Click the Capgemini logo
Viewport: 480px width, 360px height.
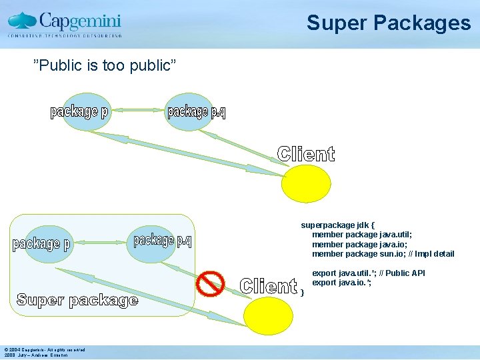click(x=65, y=23)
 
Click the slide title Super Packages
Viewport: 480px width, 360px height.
click(x=388, y=23)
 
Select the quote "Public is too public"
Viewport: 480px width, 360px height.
click(x=105, y=65)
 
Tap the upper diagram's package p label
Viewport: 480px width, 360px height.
click(x=79, y=112)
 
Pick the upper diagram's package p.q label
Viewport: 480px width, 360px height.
click(x=196, y=112)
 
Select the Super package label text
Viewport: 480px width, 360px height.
click(x=77, y=300)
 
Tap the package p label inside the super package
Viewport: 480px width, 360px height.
click(x=41, y=244)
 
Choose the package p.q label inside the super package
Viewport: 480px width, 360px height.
click(x=163, y=241)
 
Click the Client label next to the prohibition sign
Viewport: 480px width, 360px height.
click(x=268, y=286)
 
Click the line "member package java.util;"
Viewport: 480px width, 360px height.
click(x=361, y=235)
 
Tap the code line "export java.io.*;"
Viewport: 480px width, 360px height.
click(x=341, y=283)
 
